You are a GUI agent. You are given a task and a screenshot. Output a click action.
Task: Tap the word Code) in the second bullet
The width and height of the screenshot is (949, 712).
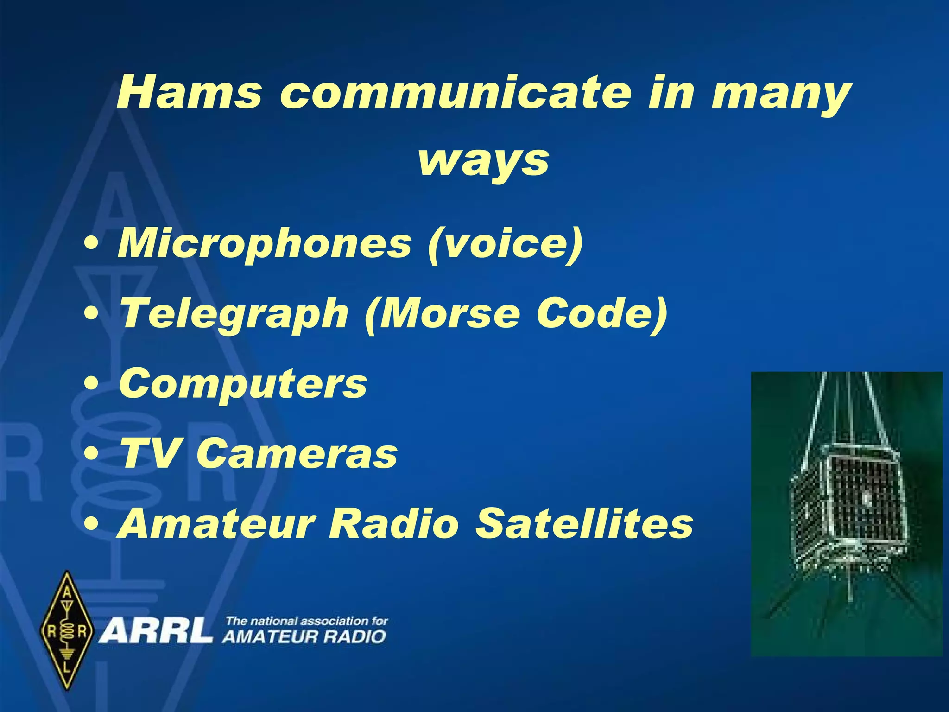click(602, 313)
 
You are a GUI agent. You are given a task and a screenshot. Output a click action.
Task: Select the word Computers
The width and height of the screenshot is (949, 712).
click(243, 384)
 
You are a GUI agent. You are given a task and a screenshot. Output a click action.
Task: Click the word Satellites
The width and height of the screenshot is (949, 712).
click(584, 523)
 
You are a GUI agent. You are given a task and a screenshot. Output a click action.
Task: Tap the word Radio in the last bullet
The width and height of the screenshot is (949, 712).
click(393, 523)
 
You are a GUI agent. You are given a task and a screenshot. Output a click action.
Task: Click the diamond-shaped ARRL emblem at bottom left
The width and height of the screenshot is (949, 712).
click(68, 630)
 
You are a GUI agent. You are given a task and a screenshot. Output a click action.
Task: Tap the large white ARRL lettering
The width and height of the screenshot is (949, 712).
click(156, 631)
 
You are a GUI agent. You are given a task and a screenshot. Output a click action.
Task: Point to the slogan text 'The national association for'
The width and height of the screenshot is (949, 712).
click(306, 621)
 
